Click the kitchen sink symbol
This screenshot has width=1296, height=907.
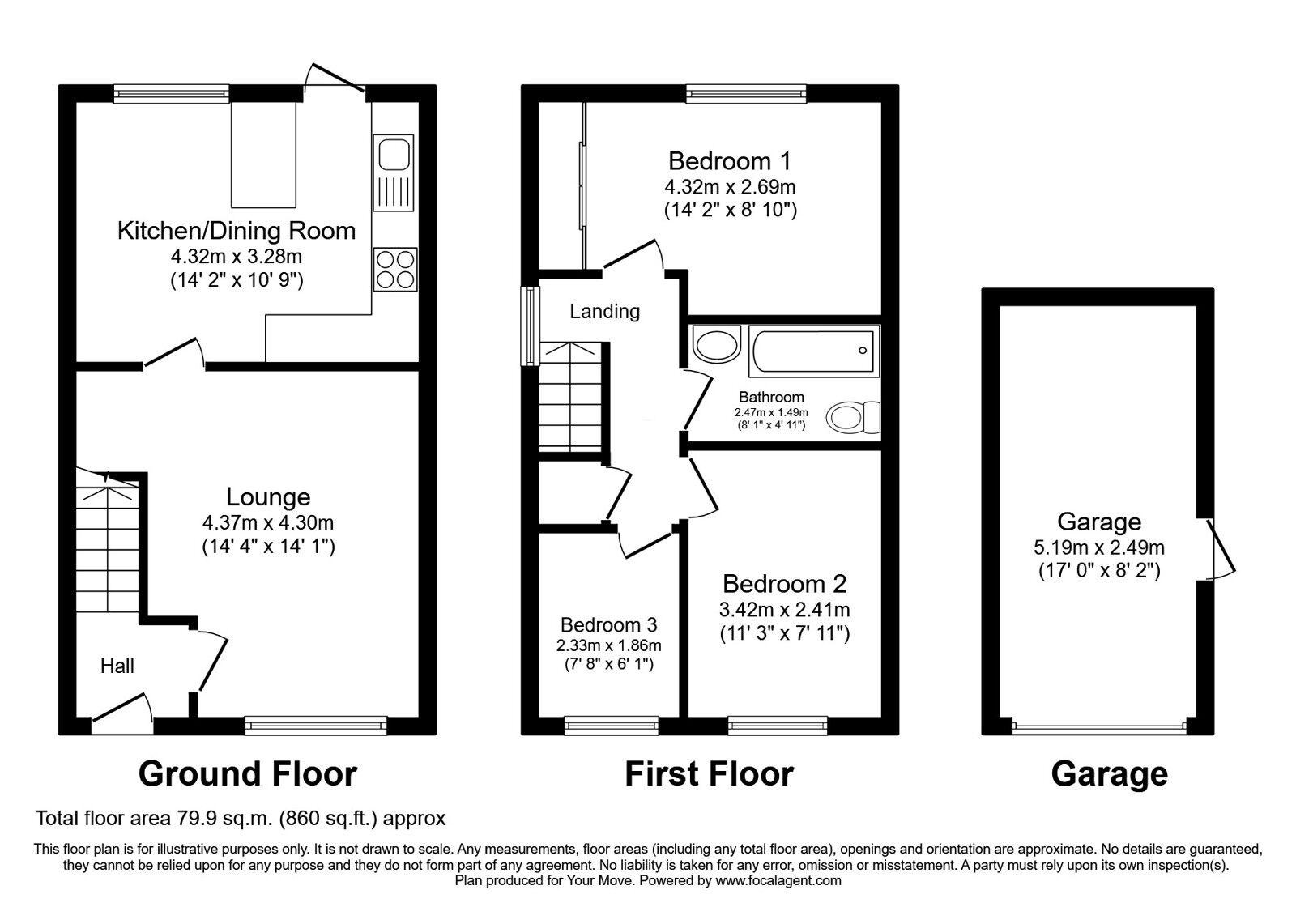pyautogui.click(x=394, y=172)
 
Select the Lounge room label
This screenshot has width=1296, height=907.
pyautogui.click(x=268, y=496)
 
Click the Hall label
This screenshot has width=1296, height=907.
pyautogui.click(x=117, y=666)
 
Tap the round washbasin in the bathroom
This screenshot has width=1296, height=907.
pyautogui.click(x=716, y=346)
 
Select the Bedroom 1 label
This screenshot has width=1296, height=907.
pyautogui.click(x=730, y=160)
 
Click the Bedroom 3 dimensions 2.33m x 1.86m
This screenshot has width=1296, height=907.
pyautogui.click(x=608, y=646)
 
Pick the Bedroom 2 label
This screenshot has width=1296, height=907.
pyautogui.click(x=784, y=583)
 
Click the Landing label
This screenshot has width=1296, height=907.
pyautogui.click(x=604, y=311)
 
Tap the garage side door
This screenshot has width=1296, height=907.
pyautogui.click(x=1220, y=548)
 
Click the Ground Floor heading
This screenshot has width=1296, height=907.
pyautogui.click(x=247, y=774)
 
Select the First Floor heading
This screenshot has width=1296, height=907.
pyautogui.click(x=709, y=774)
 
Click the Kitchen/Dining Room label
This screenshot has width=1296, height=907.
pyautogui.click(x=237, y=231)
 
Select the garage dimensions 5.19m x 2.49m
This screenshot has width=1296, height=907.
pyautogui.click(x=1099, y=548)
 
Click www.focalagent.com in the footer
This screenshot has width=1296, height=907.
pyautogui.click(x=778, y=880)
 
